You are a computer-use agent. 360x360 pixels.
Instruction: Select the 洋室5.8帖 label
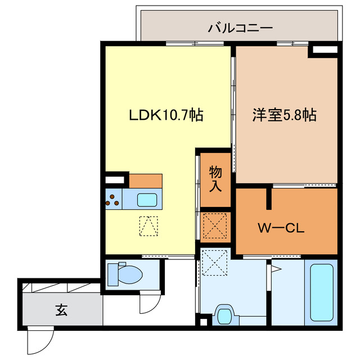[283, 115]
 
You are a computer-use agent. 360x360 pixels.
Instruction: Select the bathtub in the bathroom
[321, 292]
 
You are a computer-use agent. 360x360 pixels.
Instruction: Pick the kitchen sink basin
[147, 199]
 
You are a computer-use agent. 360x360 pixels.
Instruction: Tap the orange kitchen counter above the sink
[146, 181]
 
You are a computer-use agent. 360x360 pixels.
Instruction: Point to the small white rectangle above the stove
[114, 180]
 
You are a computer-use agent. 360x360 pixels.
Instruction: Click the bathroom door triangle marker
[276, 270]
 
